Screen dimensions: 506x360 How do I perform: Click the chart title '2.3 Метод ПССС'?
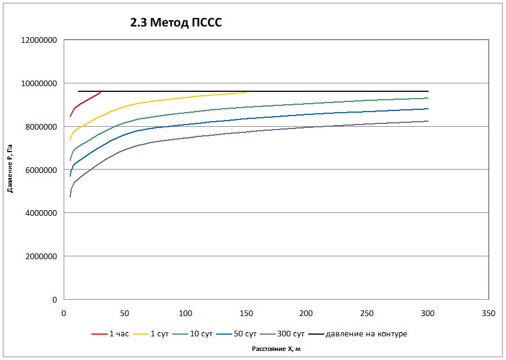176,23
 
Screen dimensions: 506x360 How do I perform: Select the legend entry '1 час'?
110,334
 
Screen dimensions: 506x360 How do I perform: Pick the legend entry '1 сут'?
150,334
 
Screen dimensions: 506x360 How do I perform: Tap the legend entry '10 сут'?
193,334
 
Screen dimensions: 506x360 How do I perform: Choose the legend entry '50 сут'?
237,334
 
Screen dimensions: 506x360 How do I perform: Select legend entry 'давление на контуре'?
358,334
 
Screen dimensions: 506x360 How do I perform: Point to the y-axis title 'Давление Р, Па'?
10,168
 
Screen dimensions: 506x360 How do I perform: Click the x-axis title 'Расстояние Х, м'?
276,349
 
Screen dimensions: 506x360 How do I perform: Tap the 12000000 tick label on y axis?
39,41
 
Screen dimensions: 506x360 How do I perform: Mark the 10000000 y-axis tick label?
39,83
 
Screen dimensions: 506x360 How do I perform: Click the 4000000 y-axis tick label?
41,213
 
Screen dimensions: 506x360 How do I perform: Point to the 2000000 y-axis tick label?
41,256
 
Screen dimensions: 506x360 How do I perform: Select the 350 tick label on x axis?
489,313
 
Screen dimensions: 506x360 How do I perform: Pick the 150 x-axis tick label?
246,313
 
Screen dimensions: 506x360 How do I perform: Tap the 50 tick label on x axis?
125,313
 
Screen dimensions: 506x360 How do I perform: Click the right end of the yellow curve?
246,92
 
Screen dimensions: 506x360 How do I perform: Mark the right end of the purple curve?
428,121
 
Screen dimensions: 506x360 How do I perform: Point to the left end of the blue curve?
70,176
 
